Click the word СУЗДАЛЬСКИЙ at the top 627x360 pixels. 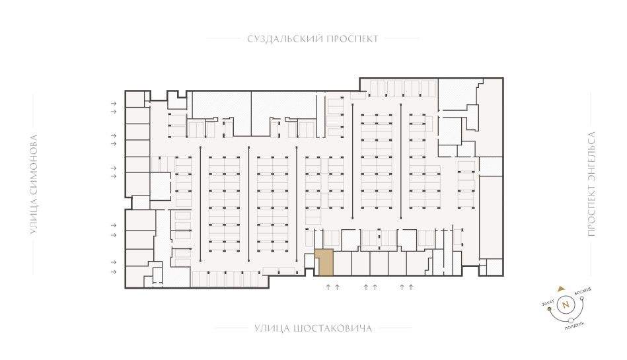coord(285,39)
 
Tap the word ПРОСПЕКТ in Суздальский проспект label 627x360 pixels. coord(353,39)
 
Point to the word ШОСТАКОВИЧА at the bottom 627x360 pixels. coord(332,329)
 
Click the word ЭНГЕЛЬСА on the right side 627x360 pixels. coord(592,156)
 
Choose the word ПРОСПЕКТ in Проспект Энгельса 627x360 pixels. coord(592,211)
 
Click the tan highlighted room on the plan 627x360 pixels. coord(324,262)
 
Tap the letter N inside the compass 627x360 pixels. coord(566,305)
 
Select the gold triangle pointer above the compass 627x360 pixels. coord(562,288)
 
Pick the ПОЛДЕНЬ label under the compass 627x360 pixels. coord(574,325)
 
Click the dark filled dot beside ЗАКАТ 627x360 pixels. coord(550,308)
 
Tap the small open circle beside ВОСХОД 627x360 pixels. coord(582,298)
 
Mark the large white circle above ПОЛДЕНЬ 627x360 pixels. coord(571,320)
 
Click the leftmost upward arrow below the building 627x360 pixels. coord(328,287)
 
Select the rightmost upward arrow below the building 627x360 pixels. coord(411,287)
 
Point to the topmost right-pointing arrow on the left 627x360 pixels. coord(114,103)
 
